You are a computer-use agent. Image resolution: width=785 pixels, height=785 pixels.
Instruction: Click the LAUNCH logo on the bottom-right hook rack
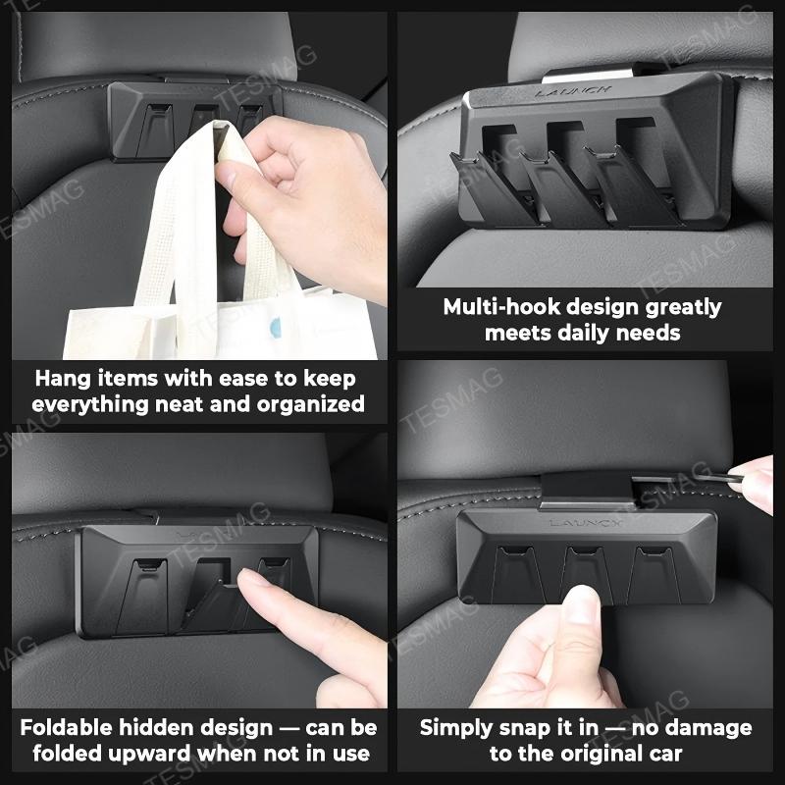585,523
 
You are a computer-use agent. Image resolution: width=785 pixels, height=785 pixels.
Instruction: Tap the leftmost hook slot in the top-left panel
156,125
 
